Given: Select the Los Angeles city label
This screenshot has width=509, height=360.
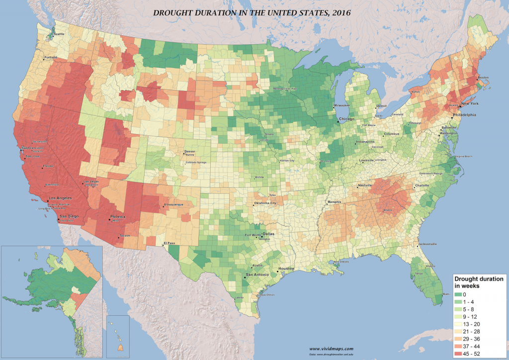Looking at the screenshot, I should click(61, 198).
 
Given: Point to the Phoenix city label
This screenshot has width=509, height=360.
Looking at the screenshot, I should click(117, 217).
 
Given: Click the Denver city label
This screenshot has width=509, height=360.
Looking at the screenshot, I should click(190, 151).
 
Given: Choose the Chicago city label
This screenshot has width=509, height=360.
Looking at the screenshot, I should click(347, 120).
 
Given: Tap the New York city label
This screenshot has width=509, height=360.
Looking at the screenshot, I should click(469, 104).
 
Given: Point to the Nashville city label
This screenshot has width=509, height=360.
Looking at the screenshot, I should click(365, 185).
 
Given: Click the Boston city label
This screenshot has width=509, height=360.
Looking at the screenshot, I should click(483, 78).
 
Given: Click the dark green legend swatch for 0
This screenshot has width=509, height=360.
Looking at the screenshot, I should click(459, 294).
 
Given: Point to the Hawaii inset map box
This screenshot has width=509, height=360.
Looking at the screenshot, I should click(118, 337).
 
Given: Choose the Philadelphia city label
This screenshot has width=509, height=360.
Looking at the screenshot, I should click(464, 115).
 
